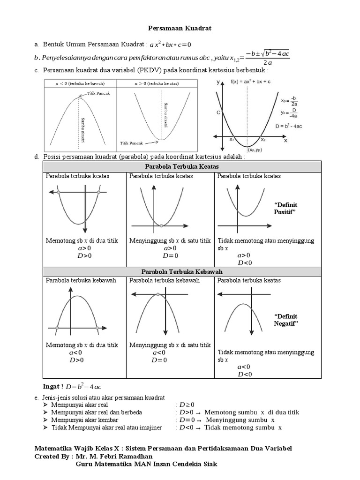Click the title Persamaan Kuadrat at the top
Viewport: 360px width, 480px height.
pos(180,28)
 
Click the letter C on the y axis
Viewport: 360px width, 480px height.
pos(218,112)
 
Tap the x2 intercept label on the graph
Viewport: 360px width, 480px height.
pos(263,139)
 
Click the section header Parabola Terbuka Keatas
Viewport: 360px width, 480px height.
pos(182,167)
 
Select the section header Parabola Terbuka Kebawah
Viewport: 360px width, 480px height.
pos(182,272)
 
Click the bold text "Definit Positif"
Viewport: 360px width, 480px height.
pos(285,209)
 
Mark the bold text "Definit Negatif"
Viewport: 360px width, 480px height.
pos(285,320)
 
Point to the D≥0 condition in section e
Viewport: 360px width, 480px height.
pos(186,405)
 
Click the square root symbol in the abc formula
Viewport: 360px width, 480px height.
pos(262,54)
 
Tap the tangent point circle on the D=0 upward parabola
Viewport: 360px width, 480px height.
pos(161,226)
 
